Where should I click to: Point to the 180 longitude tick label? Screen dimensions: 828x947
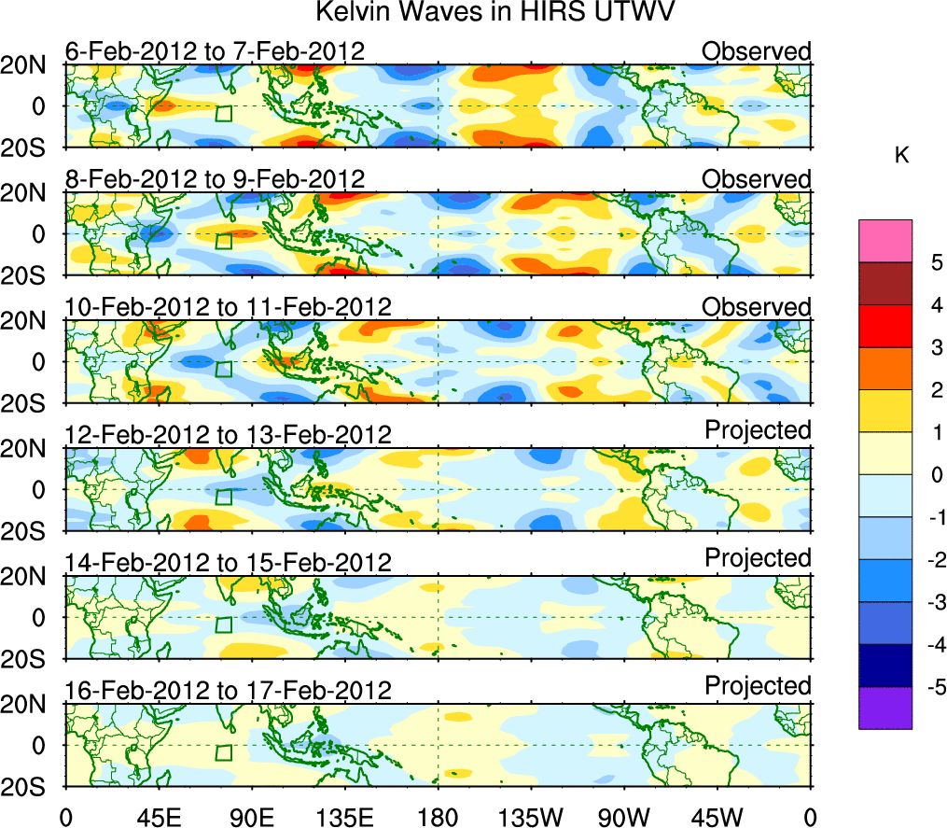[x=438, y=817]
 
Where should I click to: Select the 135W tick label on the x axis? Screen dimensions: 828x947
[x=531, y=817]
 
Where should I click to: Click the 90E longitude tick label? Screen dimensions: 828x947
[x=251, y=817]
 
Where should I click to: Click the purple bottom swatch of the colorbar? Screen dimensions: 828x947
[x=884, y=708]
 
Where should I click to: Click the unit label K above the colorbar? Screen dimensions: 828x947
[x=901, y=156]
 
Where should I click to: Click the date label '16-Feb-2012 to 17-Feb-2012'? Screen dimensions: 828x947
[x=227, y=691]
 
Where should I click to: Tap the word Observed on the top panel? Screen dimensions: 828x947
[x=757, y=51]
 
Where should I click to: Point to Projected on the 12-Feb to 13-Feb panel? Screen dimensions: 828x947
[x=758, y=430]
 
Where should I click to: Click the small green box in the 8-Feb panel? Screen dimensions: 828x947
[x=223, y=241]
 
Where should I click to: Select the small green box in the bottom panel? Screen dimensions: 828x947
[x=223, y=752]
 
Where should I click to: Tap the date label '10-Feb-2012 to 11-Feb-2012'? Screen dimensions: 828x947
[x=227, y=307]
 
